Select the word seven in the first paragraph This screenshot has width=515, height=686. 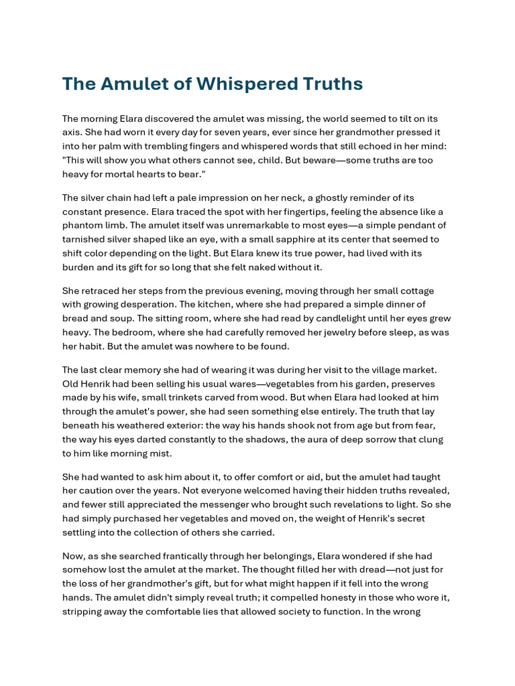[254, 132]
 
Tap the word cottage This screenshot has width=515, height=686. [416, 291]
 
